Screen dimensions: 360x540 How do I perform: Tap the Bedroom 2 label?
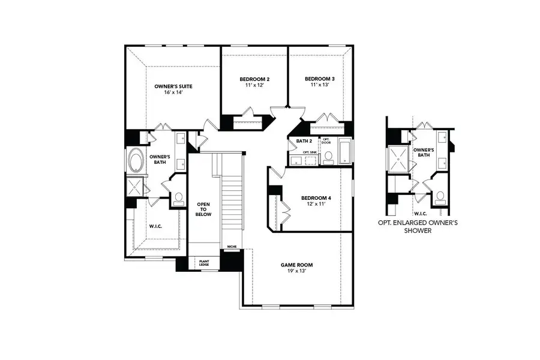(x=254, y=79)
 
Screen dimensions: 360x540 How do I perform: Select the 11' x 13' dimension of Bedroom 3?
(x=319, y=85)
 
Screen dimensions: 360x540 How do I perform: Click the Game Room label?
(x=297, y=265)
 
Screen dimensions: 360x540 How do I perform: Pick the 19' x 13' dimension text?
(x=297, y=271)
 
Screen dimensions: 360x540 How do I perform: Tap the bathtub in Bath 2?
(x=346, y=151)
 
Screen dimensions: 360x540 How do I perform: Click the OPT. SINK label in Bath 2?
(x=310, y=152)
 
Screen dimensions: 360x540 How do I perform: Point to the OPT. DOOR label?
(x=326, y=141)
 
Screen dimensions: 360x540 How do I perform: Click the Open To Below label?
(x=203, y=209)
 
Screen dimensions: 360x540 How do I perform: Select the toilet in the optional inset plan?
(x=441, y=196)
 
